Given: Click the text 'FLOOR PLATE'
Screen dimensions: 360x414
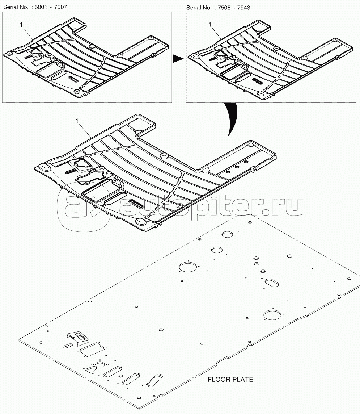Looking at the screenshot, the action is click(x=230, y=380).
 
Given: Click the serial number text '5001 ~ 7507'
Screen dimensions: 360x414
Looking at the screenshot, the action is click(x=51, y=7).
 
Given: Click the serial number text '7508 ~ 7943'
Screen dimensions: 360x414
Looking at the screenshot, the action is click(x=234, y=8).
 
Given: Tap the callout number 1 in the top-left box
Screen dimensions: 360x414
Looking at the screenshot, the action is click(x=21, y=25).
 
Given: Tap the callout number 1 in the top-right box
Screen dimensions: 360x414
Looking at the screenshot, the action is click(x=210, y=25).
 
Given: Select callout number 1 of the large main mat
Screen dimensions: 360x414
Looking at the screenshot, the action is click(x=77, y=121).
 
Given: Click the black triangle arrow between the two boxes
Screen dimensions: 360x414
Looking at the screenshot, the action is click(x=178, y=59).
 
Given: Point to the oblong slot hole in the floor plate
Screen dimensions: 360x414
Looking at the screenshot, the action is click(x=271, y=283).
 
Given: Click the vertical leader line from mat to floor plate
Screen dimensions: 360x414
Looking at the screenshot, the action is click(x=145, y=270).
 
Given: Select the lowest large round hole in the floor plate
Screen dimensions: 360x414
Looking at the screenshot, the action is click(x=272, y=315).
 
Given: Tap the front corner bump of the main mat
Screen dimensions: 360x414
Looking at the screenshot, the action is click(x=141, y=221).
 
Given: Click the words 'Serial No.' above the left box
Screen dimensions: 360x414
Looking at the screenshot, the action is click(x=16, y=7).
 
